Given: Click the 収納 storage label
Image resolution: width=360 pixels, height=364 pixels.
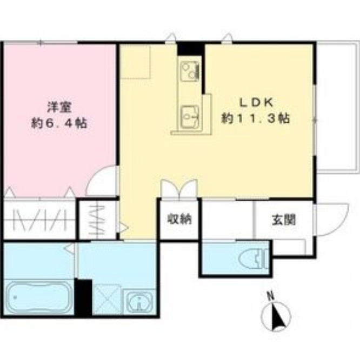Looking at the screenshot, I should tap(178, 220).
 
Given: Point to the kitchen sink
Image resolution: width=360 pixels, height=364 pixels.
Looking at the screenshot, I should tap(190, 114).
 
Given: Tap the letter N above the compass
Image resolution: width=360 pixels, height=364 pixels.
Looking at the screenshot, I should tap(270, 296).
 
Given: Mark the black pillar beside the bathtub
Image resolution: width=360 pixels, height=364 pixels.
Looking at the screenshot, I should tap(83, 297).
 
